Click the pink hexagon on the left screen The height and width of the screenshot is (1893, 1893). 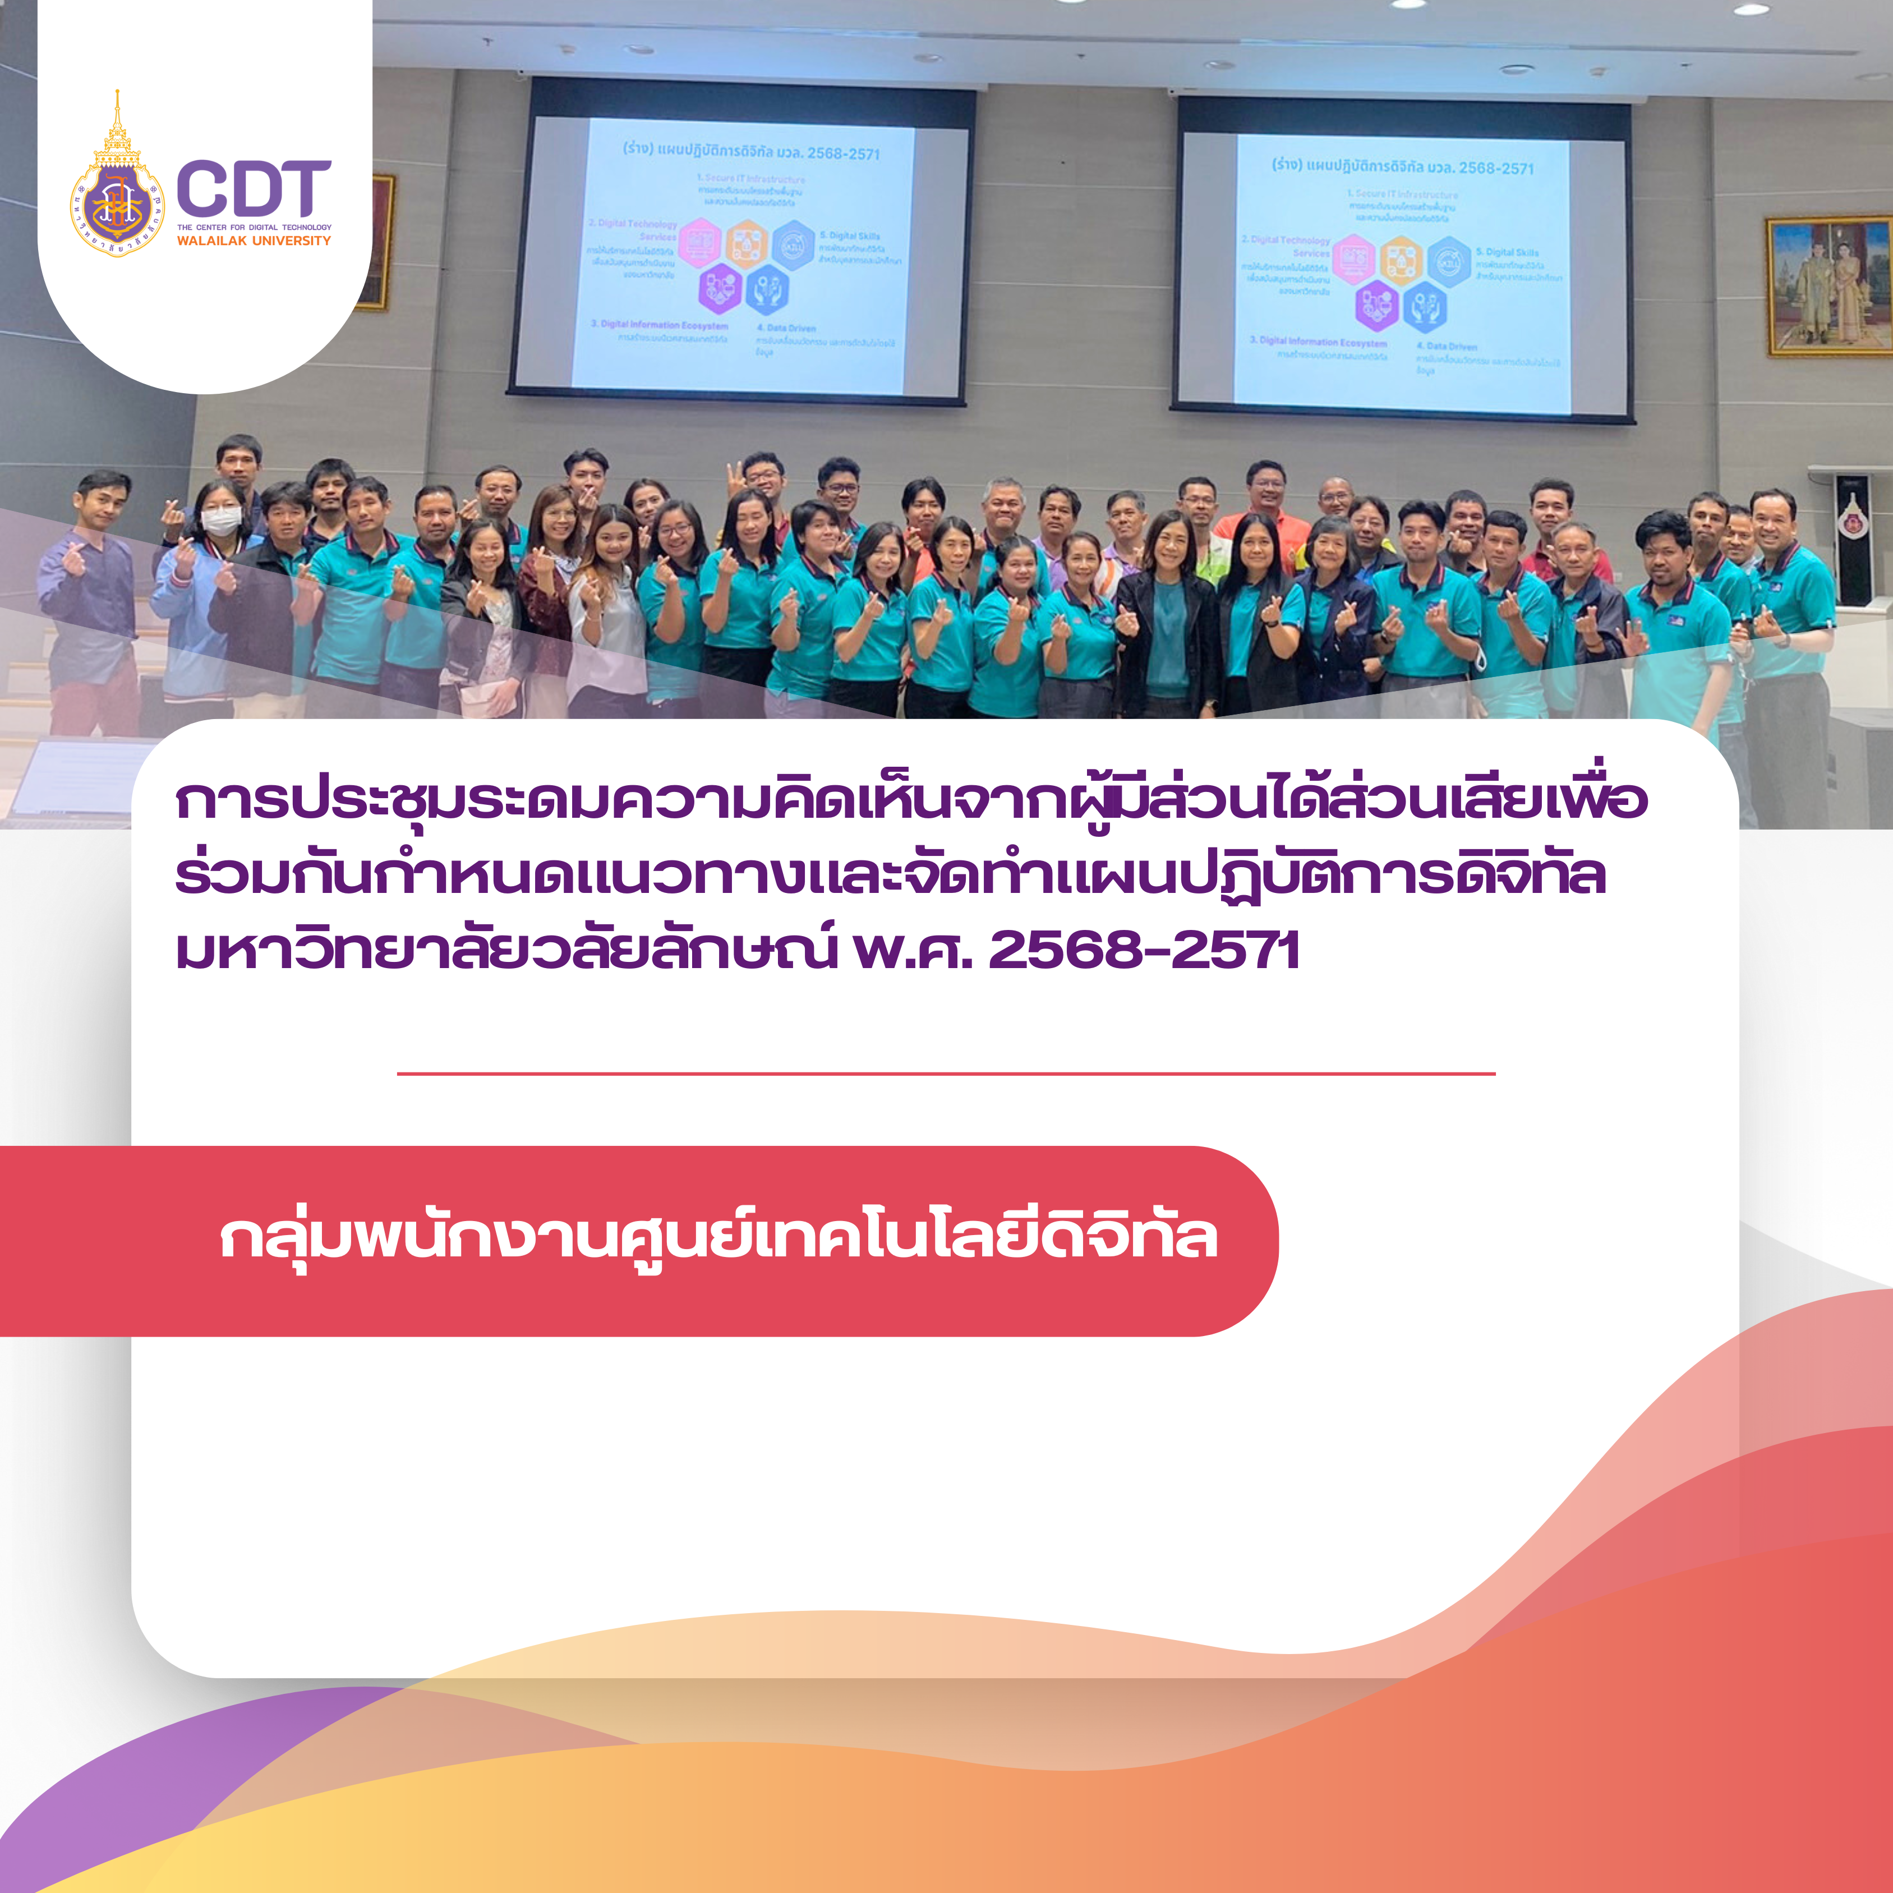699,243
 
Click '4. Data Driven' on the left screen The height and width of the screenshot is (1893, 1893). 786,328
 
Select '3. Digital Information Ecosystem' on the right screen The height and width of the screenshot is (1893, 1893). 1318,342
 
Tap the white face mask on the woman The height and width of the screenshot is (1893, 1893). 222,521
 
